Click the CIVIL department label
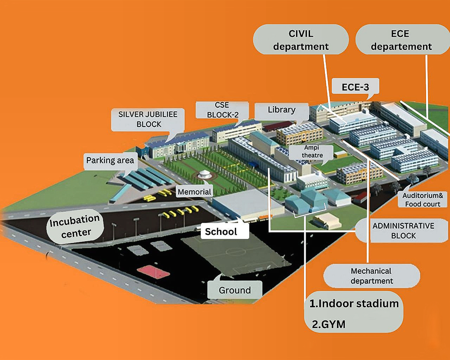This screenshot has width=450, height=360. click(301, 40)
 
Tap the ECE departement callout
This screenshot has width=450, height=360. click(401, 40)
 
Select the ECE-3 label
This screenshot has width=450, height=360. click(355, 87)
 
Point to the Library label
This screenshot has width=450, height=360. click(281, 109)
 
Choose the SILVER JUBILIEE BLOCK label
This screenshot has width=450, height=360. click(148, 119)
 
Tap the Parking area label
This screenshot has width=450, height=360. click(110, 160)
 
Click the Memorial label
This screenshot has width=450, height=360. click(194, 192)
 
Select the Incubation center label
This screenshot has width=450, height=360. click(75, 226)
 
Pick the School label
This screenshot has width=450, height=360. click(221, 232)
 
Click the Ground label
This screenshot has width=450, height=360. click(234, 290)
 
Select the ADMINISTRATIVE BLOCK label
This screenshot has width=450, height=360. click(403, 230)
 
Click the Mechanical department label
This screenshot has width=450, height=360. click(371, 276)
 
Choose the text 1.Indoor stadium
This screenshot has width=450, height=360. click(354, 303)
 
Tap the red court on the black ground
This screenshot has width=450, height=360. click(153, 271)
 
